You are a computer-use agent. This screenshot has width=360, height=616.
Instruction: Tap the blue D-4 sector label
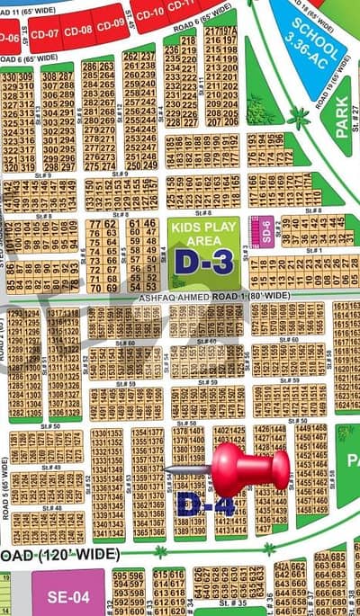tap(205, 503)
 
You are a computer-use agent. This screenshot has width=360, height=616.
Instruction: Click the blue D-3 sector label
tap(203, 261)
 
